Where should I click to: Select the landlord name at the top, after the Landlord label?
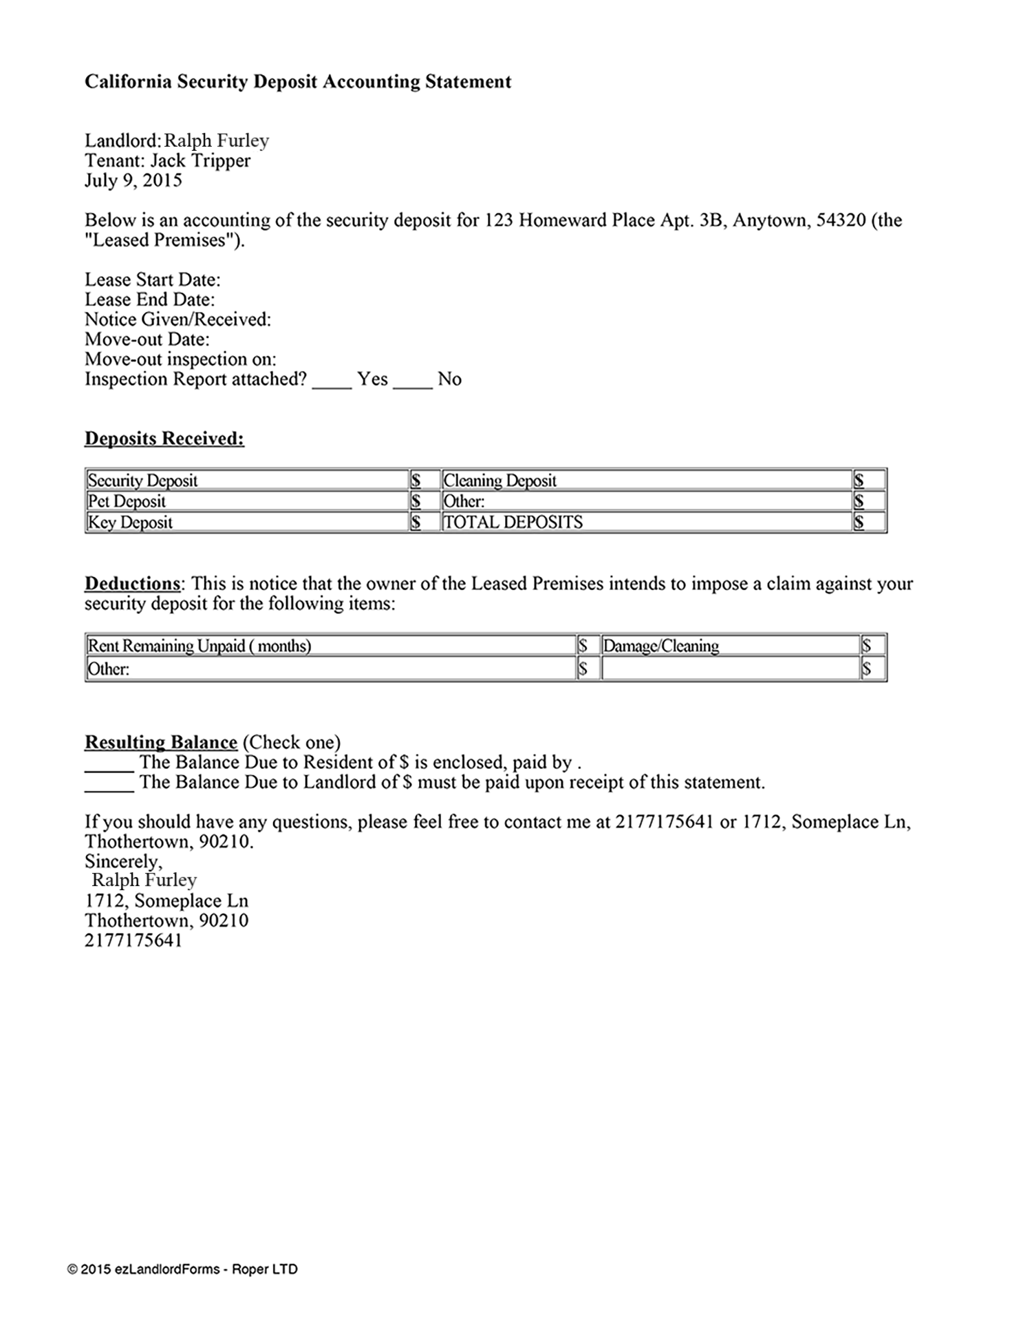pyautogui.click(x=216, y=141)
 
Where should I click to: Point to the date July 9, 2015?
pyautogui.click(x=133, y=181)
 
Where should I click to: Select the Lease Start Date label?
pyautogui.click(x=152, y=280)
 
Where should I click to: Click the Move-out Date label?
pyautogui.click(x=147, y=339)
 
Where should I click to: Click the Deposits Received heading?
pyautogui.click(x=164, y=439)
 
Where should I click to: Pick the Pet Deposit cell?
pyautogui.click(x=127, y=501)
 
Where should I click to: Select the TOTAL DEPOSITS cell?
pyautogui.click(x=513, y=522)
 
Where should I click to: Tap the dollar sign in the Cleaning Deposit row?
pyautogui.click(x=859, y=480)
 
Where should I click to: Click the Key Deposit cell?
pyautogui.click(x=130, y=522)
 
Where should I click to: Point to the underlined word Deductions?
pyautogui.click(x=133, y=584)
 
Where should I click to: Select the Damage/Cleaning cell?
pyautogui.click(x=660, y=646)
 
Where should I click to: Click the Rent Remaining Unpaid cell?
pyautogui.click(x=200, y=646)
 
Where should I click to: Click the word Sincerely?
pyautogui.click(x=123, y=861)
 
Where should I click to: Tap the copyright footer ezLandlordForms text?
pyautogui.click(x=182, y=1269)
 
